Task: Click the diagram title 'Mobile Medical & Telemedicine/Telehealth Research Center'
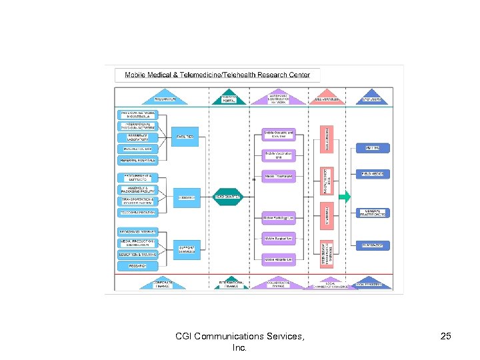pyautogui.click(x=217, y=75)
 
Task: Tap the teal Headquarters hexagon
pyautogui.click(x=228, y=197)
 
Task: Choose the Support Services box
pyautogui.click(x=187, y=249)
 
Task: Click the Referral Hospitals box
pyautogui.click(x=138, y=160)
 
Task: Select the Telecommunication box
pyautogui.click(x=138, y=213)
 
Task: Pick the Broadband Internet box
pyautogui.click(x=138, y=231)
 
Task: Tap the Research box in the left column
pyautogui.click(x=138, y=265)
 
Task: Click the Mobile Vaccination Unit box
pyautogui.click(x=278, y=155)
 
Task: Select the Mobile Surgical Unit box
pyautogui.click(x=278, y=239)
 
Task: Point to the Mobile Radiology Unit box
pyautogui.click(x=278, y=217)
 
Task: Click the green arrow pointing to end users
pyautogui.click(x=344, y=197)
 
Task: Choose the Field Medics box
pyautogui.click(x=373, y=174)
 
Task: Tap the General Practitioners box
pyautogui.click(x=373, y=213)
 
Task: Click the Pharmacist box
pyautogui.click(x=373, y=245)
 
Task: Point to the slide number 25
pyautogui.click(x=445, y=337)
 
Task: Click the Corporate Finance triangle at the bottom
pyautogui.click(x=162, y=283)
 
